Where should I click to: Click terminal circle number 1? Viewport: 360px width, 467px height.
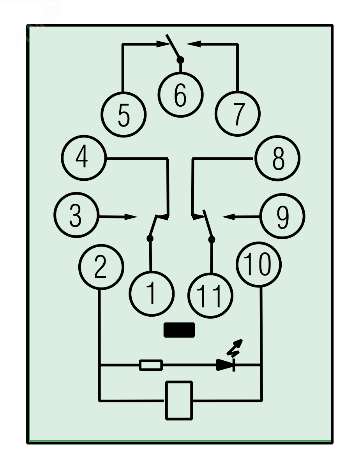click(x=151, y=293)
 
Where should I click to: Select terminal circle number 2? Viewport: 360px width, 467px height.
click(x=101, y=268)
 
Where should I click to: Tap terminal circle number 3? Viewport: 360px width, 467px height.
click(x=76, y=216)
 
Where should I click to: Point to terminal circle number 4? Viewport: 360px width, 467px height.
click(x=83, y=158)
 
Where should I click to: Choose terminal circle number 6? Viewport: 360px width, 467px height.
click(x=180, y=94)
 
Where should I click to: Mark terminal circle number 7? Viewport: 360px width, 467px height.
click(x=238, y=114)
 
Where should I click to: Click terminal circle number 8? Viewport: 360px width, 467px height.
click(x=277, y=158)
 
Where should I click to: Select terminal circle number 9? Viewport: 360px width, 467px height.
click(x=282, y=217)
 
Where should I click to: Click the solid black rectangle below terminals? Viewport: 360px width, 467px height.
click(x=179, y=330)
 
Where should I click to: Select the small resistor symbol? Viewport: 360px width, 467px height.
click(x=151, y=365)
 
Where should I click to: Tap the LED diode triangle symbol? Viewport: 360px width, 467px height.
click(x=226, y=365)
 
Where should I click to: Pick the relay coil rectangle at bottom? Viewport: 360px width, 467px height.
click(x=179, y=400)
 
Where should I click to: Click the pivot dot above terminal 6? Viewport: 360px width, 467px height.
click(x=180, y=60)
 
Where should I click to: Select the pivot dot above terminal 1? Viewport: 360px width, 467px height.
click(x=150, y=238)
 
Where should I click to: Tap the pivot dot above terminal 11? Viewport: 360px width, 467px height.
click(x=212, y=239)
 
